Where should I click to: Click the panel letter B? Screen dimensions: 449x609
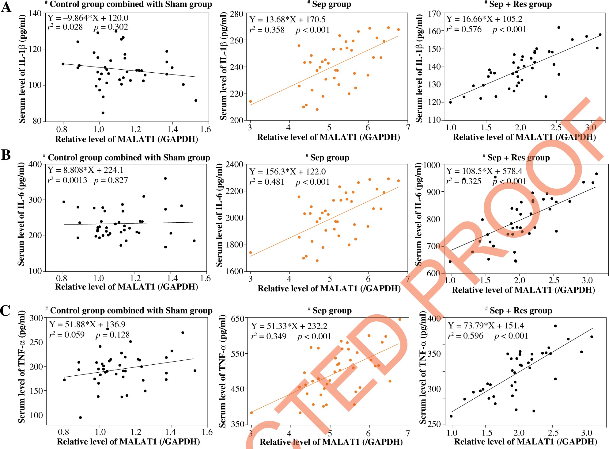click(6, 155)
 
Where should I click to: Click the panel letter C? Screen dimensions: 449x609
click(5, 310)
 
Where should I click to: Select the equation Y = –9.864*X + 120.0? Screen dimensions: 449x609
click(88, 18)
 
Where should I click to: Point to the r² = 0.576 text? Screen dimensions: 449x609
click(464, 29)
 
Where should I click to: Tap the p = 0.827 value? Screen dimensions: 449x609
click(111, 180)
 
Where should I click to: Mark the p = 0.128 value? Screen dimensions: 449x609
click(113, 335)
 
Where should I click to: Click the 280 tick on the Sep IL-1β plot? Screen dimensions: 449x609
click(237, 14)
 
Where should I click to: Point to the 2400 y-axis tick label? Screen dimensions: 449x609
click(234, 165)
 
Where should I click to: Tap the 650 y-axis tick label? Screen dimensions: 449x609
click(238, 319)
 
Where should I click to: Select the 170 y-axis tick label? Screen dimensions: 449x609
click(434, 14)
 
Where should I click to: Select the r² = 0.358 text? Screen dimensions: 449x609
click(267, 30)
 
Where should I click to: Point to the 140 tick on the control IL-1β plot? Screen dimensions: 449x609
click(35, 13)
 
